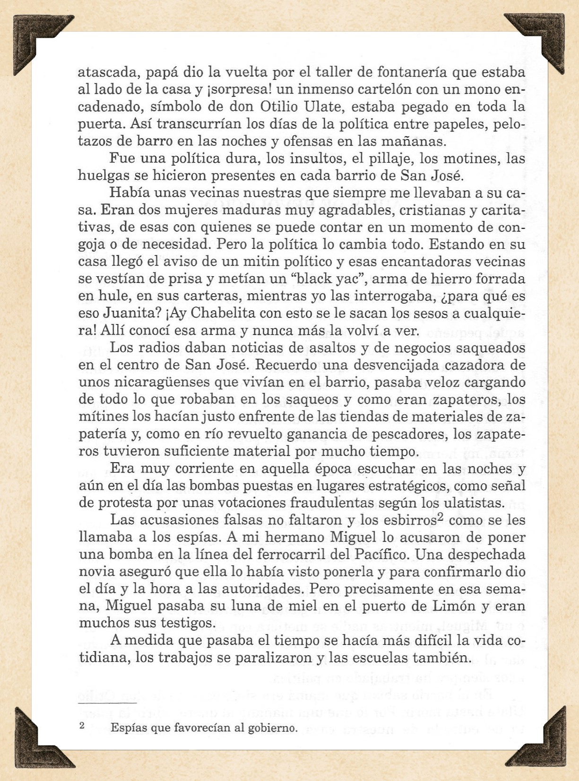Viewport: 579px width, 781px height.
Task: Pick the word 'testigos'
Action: (x=184, y=623)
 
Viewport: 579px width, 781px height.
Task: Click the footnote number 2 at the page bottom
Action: (x=82, y=726)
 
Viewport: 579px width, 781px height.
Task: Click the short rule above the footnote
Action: (x=107, y=703)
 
